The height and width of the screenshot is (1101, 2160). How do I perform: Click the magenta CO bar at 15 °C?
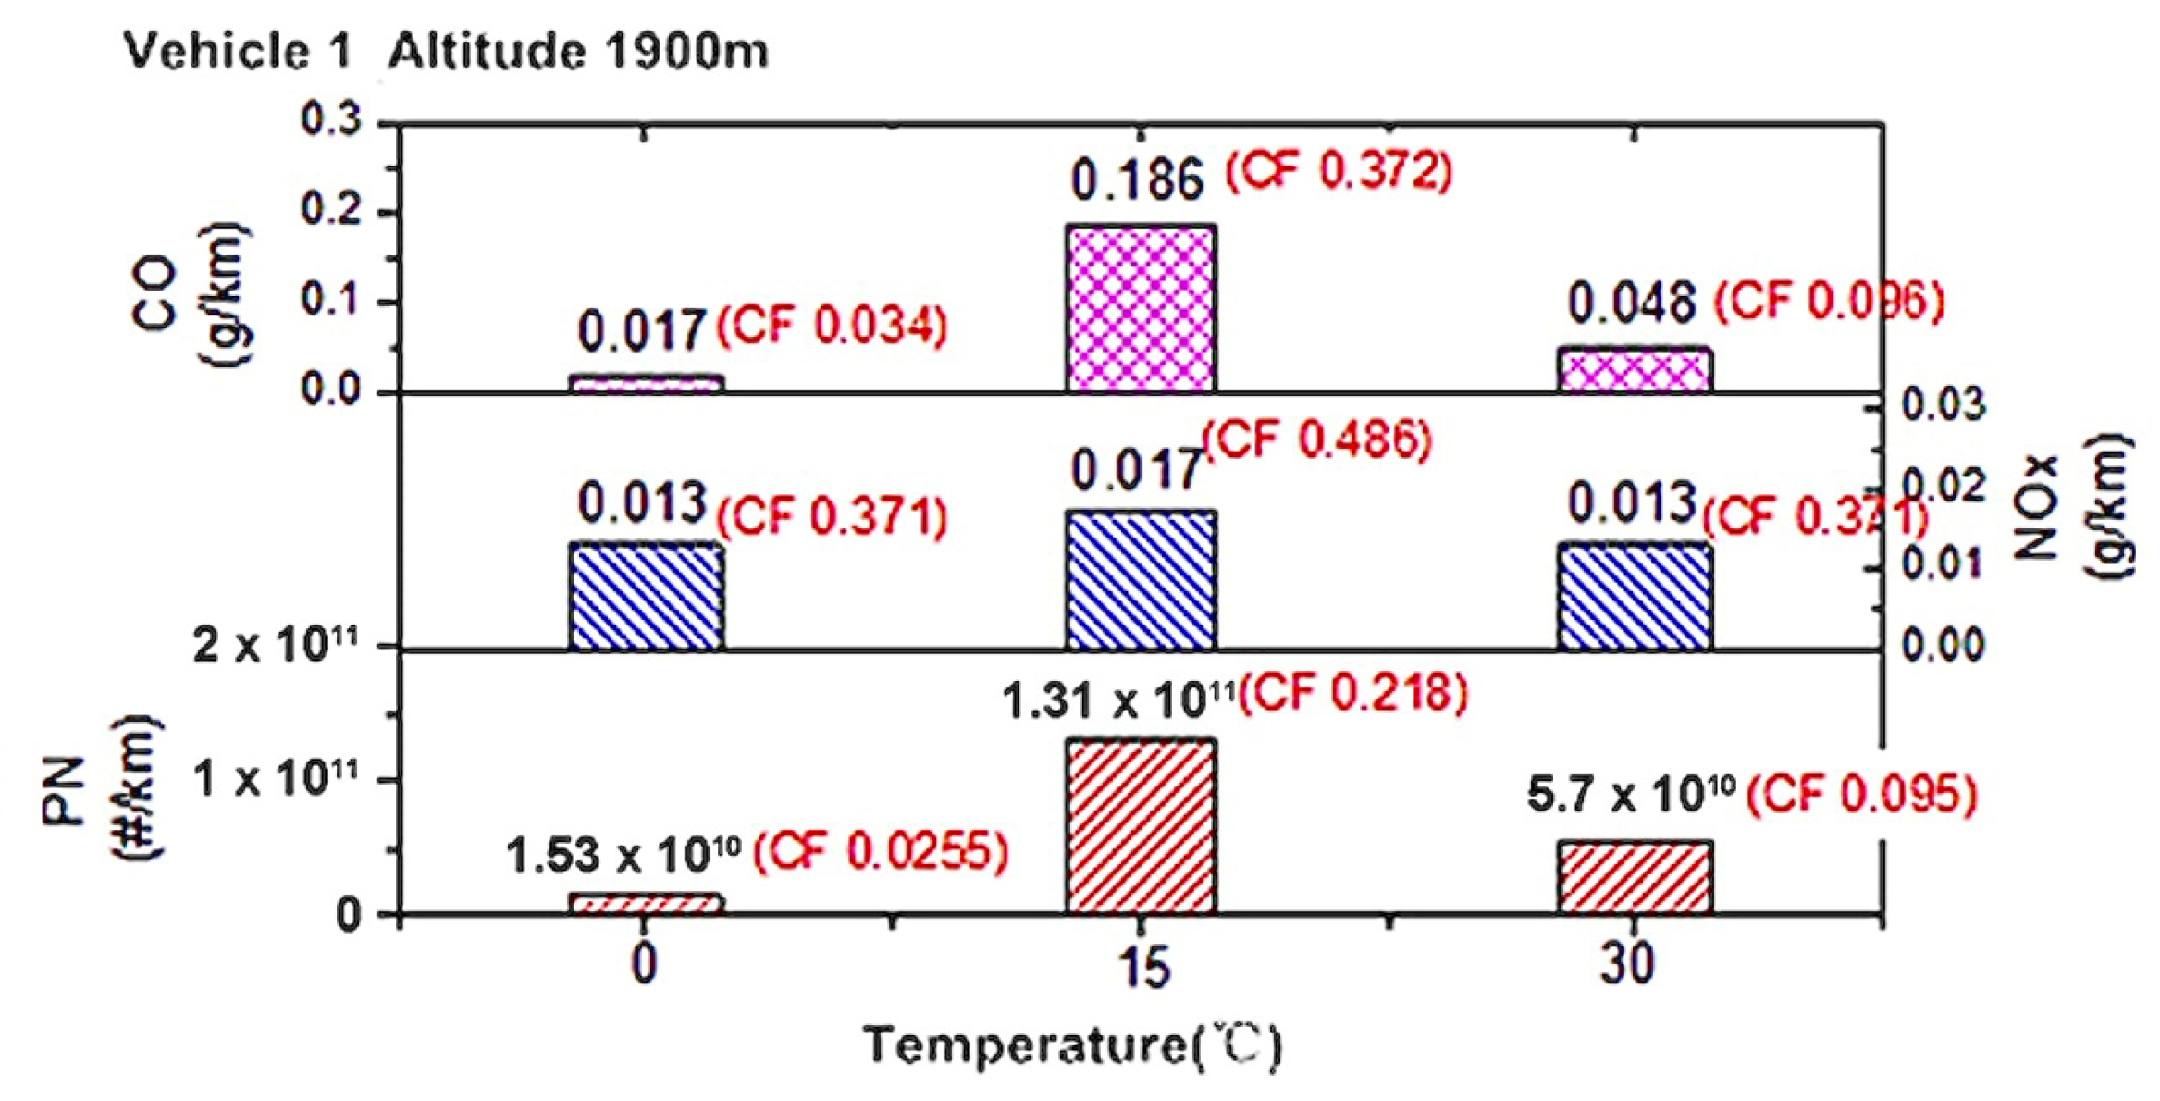(1141, 308)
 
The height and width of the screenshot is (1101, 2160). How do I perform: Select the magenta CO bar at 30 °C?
(1635, 370)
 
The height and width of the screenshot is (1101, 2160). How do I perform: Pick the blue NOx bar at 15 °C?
(1141, 579)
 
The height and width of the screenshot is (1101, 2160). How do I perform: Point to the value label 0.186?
(1137, 179)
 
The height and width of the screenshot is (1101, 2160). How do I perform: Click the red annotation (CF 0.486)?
(1317, 439)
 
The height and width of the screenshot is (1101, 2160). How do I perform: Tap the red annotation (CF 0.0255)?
(880, 851)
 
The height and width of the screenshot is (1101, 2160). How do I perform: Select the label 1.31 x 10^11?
(1117, 699)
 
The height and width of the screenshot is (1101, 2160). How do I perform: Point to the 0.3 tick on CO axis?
(330, 120)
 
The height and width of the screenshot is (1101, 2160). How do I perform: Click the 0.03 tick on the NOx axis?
(1943, 405)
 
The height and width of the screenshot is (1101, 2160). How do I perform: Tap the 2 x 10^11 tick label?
(275, 645)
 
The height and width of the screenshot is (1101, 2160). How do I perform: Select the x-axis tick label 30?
(1627, 964)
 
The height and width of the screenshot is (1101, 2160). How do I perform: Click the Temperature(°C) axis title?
(1072, 1046)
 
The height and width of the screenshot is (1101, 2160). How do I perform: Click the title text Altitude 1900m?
(578, 51)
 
